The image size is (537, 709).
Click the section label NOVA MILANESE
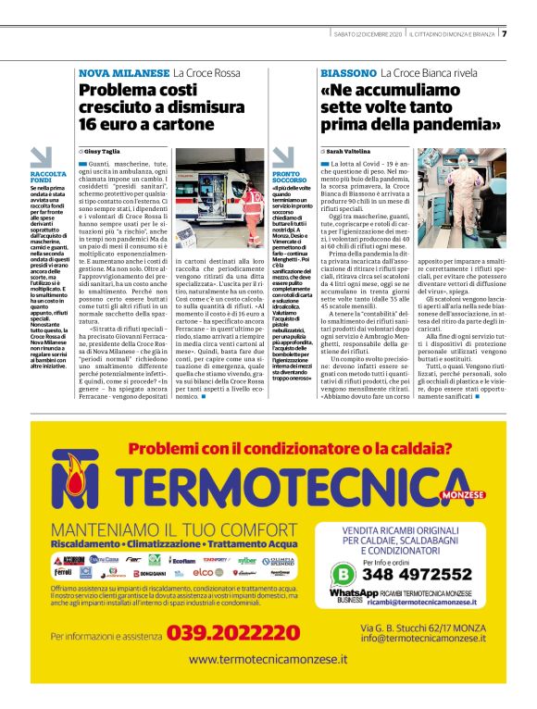pos(123,72)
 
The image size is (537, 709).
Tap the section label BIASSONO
pos(348,72)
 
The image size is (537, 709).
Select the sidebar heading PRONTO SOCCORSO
pos(289,178)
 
